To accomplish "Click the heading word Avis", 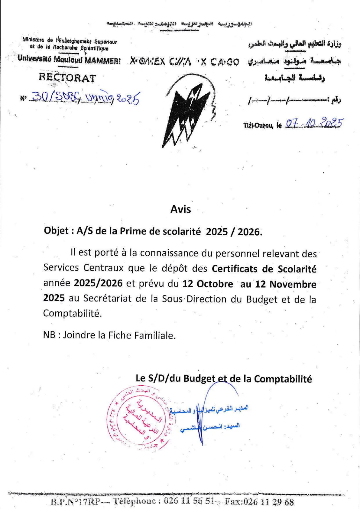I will coord(180,209).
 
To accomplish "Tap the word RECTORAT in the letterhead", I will coord(67,78).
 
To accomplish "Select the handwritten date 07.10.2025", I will coord(314,123).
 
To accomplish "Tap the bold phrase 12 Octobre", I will coord(208,284).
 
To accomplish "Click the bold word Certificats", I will coord(234,269).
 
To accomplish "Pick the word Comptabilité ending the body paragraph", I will coord(72,313).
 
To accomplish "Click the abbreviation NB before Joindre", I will coord(49,335).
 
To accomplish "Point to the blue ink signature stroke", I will coord(199,420).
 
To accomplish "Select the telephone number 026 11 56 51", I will coord(189,501).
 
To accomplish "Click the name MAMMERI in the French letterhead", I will coord(102,60).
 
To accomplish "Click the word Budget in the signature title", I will coord(199,379).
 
